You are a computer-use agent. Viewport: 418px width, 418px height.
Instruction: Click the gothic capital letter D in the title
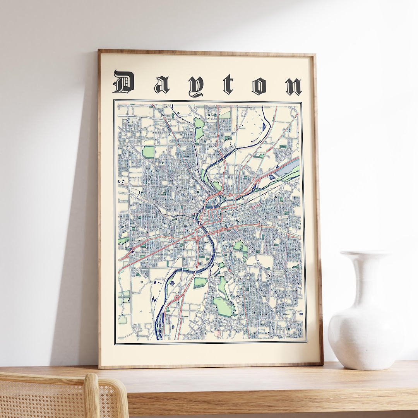click(x=123, y=82)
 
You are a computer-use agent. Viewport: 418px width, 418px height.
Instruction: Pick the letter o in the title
click(x=259, y=86)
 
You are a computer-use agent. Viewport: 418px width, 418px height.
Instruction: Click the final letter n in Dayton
click(x=293, y=86)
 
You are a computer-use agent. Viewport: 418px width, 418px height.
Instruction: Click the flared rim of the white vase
click(x=366, y=254)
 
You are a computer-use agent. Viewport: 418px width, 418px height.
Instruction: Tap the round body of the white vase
click(x=364, y=333)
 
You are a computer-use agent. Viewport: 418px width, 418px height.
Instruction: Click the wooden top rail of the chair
click(x=46, y=377)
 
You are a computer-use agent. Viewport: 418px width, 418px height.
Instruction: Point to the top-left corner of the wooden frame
click(x=99, y=51)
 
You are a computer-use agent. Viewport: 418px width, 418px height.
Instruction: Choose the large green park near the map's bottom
click(x=224, y=306)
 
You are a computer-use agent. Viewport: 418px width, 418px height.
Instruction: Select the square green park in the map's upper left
click(x=148, y=152)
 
